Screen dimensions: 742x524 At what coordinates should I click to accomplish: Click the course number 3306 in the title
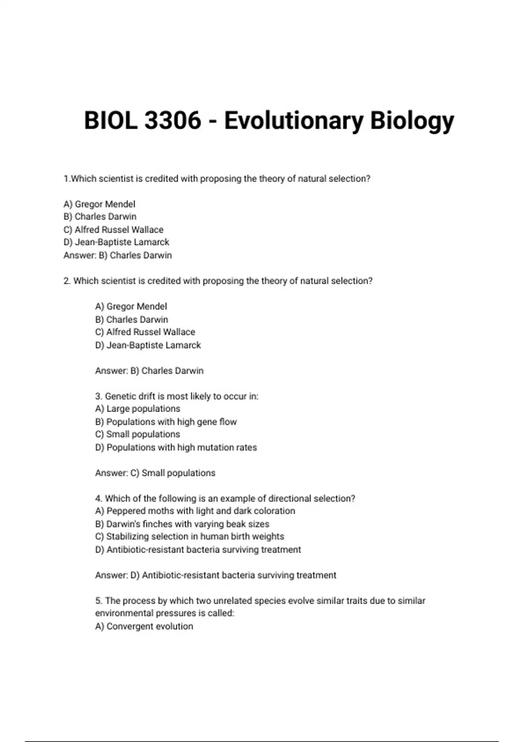pyautogui.click(x=172, y=120)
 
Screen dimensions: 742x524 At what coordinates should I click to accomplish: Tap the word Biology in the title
pyautogui.click(x=412, y=120)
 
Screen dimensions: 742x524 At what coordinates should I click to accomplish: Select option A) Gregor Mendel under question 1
pyautogui.click(x=99, y=204)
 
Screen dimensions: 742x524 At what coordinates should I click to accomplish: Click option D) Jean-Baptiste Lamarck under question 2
pyautogui.click(x=148, y=345)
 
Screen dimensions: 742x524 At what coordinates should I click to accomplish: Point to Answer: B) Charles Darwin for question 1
pyautogui.click(x=117, y=255)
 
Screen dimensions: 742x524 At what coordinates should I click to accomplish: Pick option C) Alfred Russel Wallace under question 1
pyautogui.click(x=113, y=230)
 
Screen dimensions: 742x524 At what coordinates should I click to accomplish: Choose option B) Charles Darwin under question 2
pyautogui.click(x=131, y=319)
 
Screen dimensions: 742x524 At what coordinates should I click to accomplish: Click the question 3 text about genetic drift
pyautogui.click(x=176, y=396)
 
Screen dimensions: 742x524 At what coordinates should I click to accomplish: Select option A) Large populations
pyautogui.click(x=138, y=409)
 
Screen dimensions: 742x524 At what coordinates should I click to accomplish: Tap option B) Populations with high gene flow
pyautogui.click(x=165, y=422)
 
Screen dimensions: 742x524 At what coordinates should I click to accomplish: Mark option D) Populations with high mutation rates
pyautogui.click(x=176, y=447)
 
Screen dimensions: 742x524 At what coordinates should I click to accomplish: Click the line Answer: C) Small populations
pyautogui.click(x=155, y=473)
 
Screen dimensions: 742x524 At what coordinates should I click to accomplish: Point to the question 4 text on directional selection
pyautogui.click(x=225, y=498)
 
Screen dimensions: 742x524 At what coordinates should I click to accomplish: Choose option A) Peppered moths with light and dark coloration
pyautogui.click(x=195, y=511)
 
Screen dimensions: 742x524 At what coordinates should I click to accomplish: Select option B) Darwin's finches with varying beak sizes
pyautogui.click(x=182, y=524)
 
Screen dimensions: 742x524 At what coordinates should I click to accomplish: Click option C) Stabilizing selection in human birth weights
pyautogui.click(x=190, y=536)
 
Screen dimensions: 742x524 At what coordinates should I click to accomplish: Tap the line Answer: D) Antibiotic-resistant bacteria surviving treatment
pyautogui.click(x=216, y=575)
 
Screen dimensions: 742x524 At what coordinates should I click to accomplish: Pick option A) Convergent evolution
pyautogui.click(x=144, y=626)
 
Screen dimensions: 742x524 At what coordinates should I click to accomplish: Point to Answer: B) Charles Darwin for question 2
pyautogui.click(x=149, y=371)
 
